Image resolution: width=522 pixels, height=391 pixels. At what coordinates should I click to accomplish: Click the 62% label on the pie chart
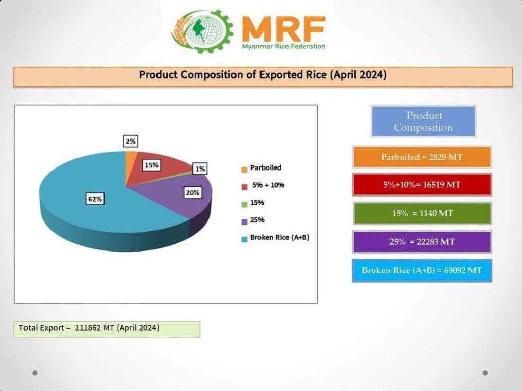[x=95, y=199]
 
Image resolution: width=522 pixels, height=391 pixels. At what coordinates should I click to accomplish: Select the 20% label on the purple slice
[x=193, y=193]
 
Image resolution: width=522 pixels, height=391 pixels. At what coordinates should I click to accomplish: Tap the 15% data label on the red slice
[x=151, y=165]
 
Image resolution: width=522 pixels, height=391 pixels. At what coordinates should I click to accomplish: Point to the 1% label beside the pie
[x=200, y=169]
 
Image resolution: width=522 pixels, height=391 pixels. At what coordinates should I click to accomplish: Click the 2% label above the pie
[x=130, y=142]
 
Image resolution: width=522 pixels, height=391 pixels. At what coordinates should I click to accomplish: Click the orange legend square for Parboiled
[x=244, y=169]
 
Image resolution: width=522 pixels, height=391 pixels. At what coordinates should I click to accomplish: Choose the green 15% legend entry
[x=257, y=203]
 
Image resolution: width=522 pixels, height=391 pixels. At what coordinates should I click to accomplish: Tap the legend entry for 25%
[x=257, y=220]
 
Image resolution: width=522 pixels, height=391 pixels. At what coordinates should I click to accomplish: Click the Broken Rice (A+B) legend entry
[x=279, y=238]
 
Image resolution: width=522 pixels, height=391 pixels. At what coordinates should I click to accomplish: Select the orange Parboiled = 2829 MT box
[x=422, y=157]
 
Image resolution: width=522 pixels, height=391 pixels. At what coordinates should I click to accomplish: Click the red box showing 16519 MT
[x=422, y=184]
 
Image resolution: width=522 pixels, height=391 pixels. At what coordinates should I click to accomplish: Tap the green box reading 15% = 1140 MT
[x=422, y=213]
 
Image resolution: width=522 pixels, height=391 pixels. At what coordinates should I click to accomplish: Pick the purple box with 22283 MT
[x=422, y=241]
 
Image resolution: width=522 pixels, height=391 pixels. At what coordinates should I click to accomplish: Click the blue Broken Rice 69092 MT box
[x=422, y=270]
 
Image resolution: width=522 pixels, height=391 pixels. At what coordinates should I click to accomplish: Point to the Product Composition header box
[x=423, y=121]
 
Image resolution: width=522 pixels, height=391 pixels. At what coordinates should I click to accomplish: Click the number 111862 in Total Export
[x=88, y=328]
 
